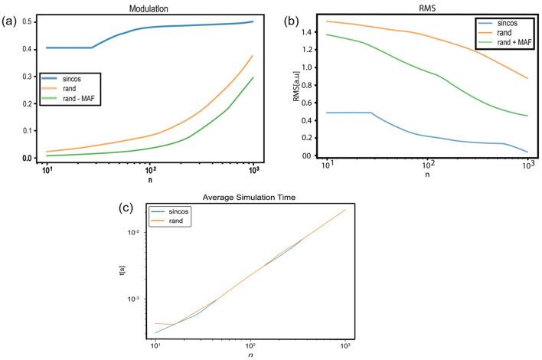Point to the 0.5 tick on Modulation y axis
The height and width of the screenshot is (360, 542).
click(x=28, y=22)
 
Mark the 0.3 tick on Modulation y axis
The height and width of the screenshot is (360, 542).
click(x=28, y=77)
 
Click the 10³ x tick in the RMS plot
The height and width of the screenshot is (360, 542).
click(x=527, y=166)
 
